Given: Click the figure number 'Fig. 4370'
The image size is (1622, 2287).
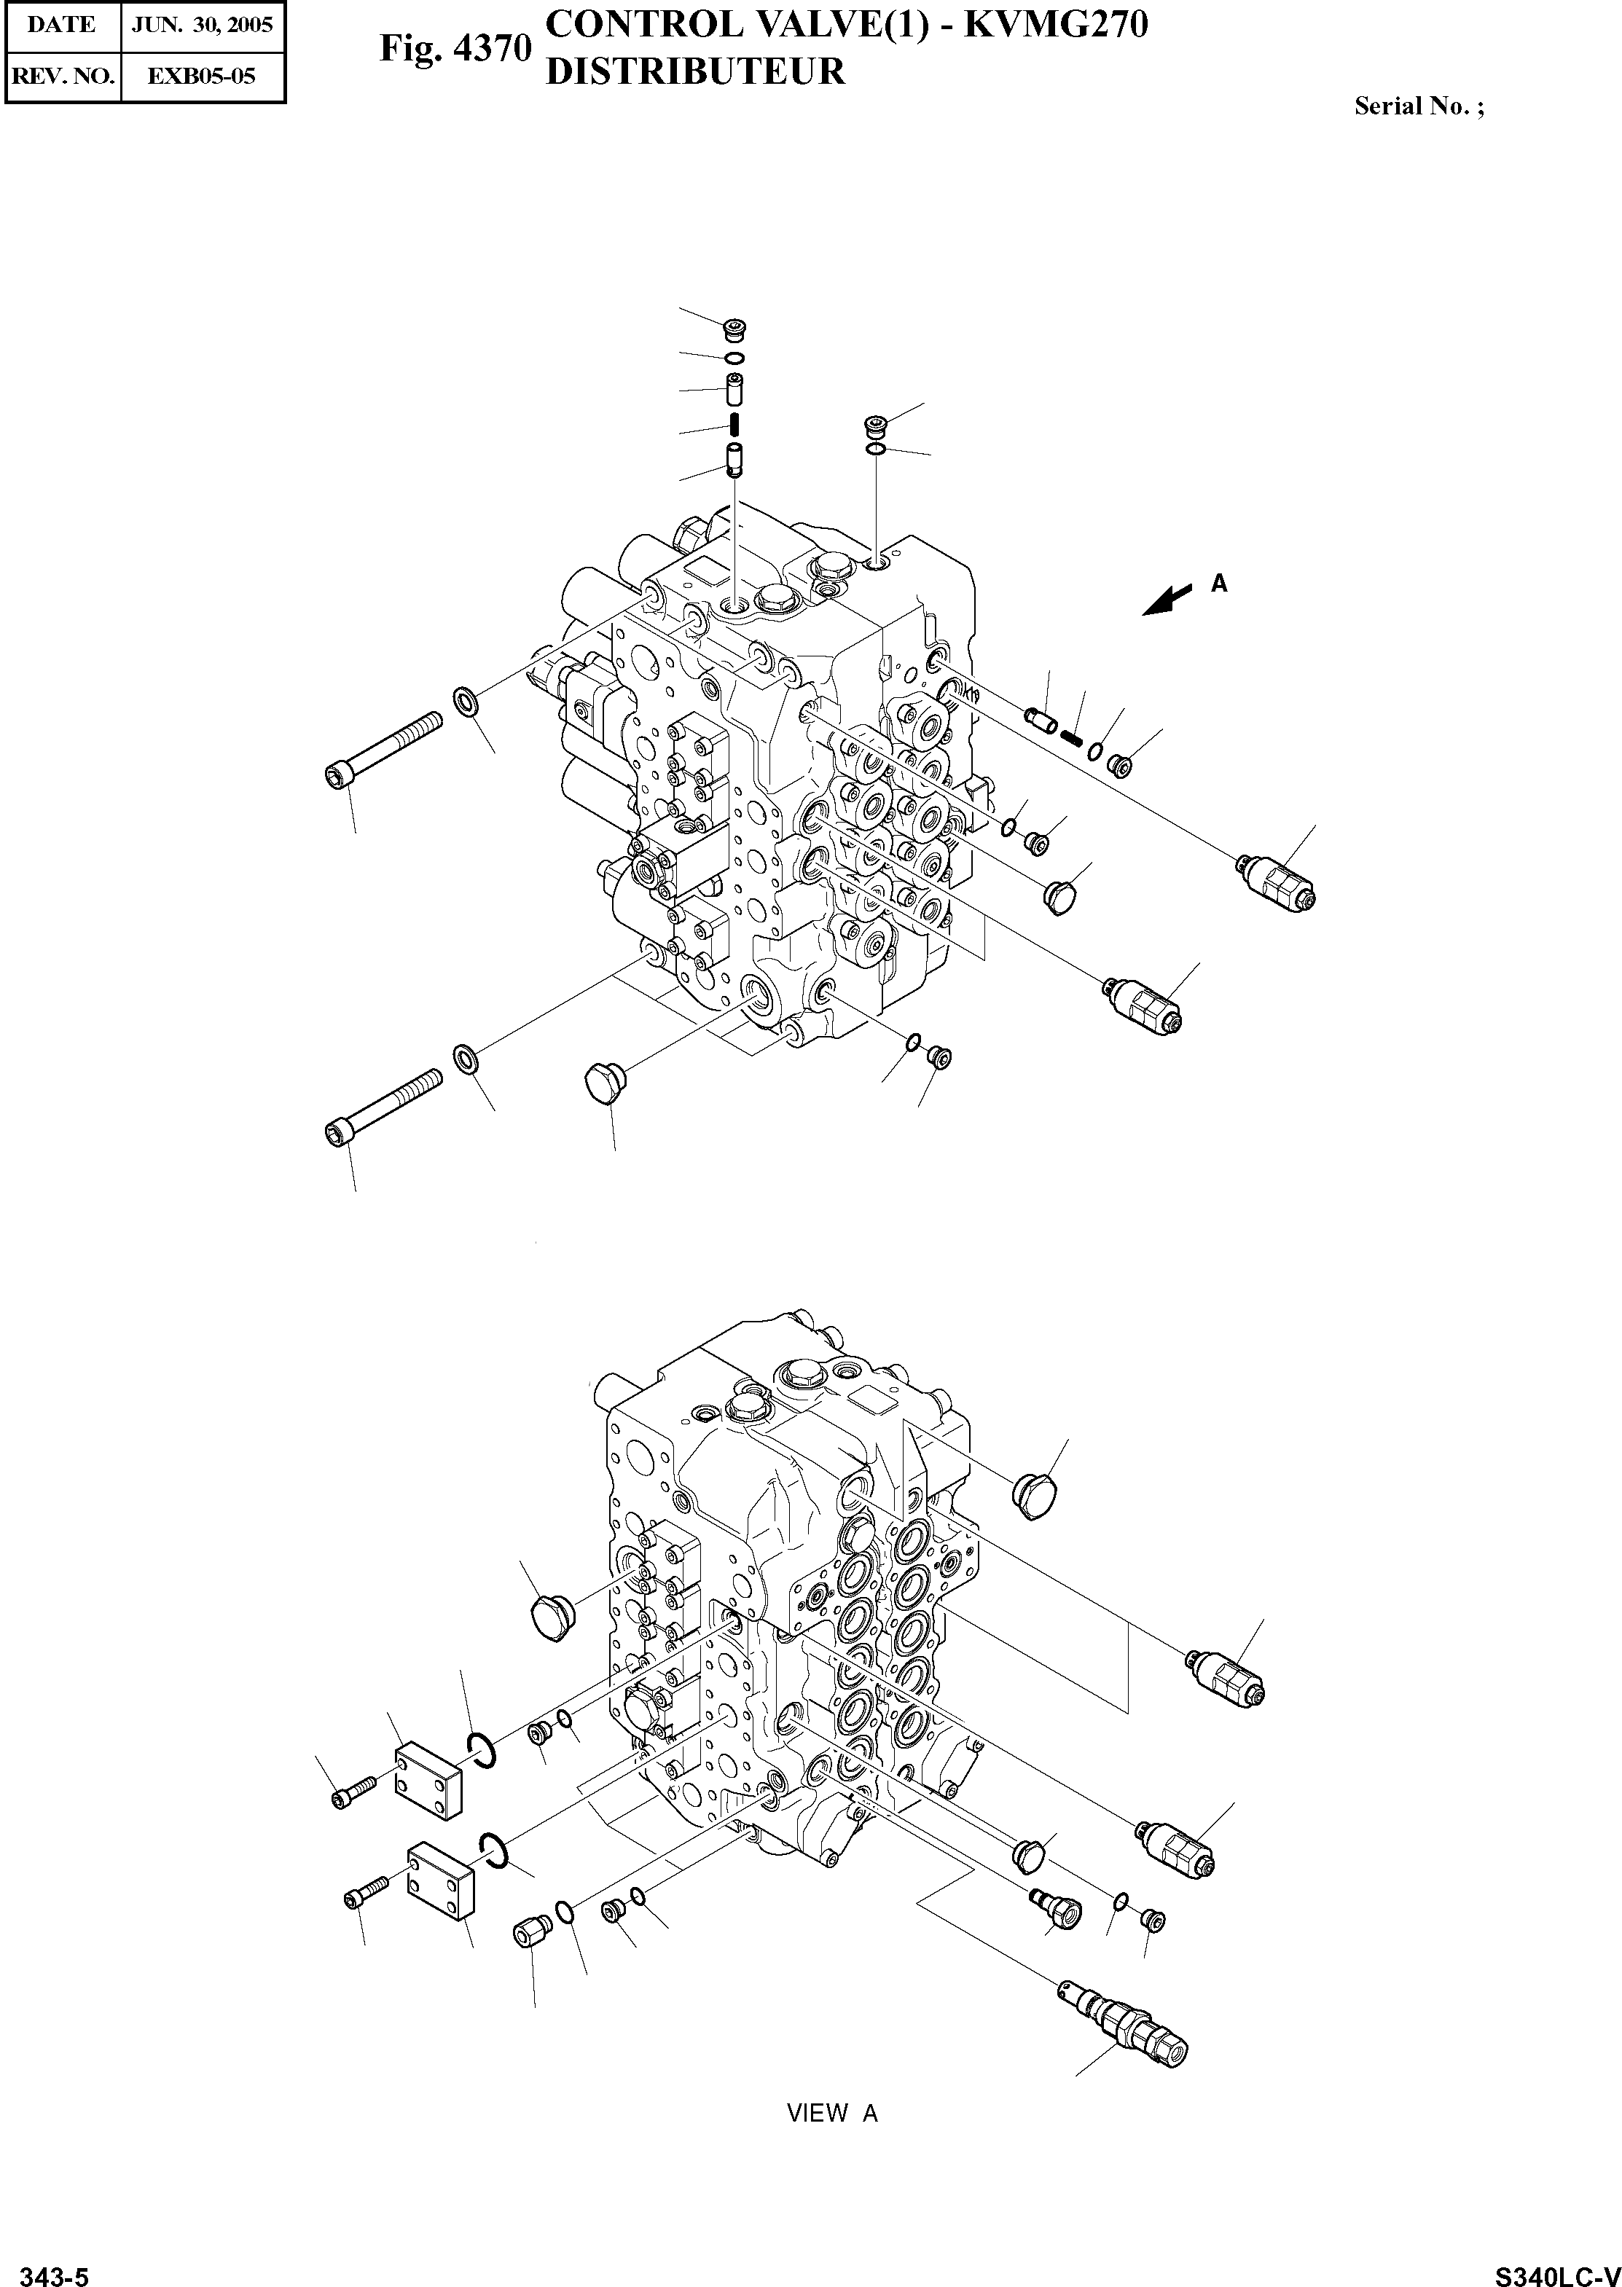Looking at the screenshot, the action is pyautogui.click(x=455, y=49).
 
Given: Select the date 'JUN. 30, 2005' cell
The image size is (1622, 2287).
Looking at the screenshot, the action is pyautogui.click(x=203, y=25).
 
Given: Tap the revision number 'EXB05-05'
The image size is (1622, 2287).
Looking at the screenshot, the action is pyautogui.click(x=202, y=75).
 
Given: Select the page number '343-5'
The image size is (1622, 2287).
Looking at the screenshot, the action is pyautogui.click(x=55, y=2269).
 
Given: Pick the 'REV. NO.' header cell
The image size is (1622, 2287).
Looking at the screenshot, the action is pyautogui.click(x=61, y=75).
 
